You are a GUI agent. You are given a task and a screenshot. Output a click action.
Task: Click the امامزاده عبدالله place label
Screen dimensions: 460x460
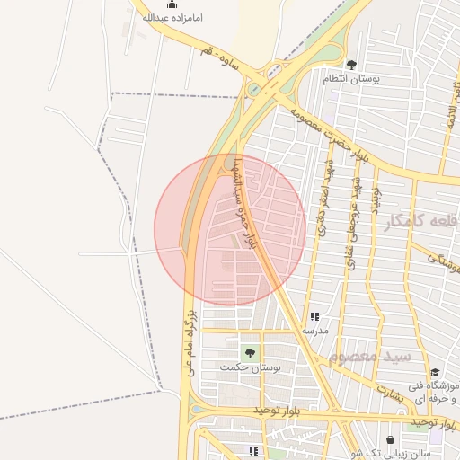point(172,18)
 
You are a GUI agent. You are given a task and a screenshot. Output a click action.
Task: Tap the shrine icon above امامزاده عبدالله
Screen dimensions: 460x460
point(172,4)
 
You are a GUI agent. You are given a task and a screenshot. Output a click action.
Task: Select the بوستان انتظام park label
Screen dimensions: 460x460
point(351,80)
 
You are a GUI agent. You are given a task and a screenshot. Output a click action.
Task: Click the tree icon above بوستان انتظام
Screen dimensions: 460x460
point(351,65)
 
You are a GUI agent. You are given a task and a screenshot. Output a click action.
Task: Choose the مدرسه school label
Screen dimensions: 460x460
point(315,331)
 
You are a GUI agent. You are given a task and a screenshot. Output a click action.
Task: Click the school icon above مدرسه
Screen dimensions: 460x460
point(315,317)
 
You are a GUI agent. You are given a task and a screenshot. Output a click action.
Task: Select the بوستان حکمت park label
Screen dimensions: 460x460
point(250,367)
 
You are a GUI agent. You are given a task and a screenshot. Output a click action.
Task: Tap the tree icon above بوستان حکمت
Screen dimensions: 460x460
point(250,352)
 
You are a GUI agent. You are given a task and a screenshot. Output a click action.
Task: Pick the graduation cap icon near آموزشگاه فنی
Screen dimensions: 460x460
point(435,373)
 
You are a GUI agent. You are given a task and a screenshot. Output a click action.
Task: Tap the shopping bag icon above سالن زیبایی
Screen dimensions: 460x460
point(391,440)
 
